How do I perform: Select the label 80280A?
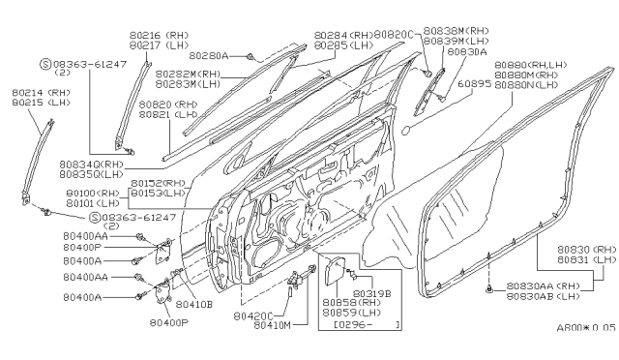coord(210,56)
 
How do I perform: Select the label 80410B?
coord(194,303)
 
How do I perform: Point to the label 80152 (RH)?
coord(160,183)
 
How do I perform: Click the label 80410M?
coord(274,326)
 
